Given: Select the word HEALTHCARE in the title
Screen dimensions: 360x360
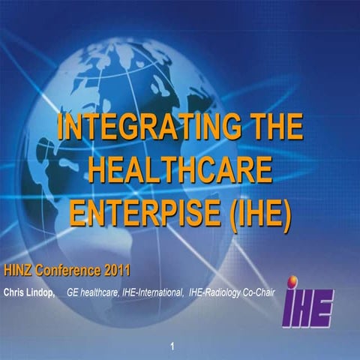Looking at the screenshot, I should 180,171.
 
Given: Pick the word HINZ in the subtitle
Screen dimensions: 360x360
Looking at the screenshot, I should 21,271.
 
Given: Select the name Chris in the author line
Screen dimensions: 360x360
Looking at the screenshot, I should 17,290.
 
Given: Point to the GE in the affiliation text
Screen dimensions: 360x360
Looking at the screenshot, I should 74,290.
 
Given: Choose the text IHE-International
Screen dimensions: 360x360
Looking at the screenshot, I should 152,290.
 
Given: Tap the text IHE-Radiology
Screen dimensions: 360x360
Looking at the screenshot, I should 214,290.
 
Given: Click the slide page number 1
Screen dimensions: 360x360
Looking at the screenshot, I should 173,346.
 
